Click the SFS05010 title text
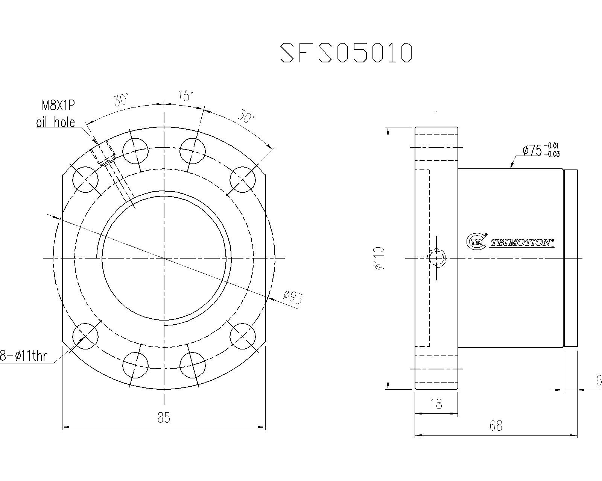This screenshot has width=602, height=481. click(x=346, y=53)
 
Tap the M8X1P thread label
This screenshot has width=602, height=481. click(x=58, y=106)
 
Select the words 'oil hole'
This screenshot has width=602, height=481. click(x=56, y=123)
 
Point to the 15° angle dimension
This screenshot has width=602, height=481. click(x=185, y=96)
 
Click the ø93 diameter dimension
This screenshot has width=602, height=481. click(x=293, y=297)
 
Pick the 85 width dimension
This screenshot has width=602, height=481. click(x=164, y=418)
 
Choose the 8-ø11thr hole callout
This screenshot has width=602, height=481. click(x=23, y=356)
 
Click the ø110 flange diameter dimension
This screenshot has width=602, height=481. click(x=379, y=258)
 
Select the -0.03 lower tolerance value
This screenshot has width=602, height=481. click(x=552, y=154)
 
